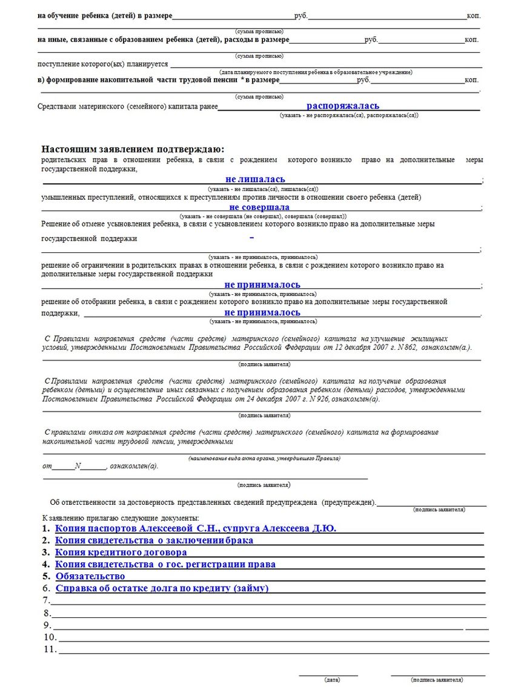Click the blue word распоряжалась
tap(342, 106)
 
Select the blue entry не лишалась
tap(255, 180)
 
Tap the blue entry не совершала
tap(259, 207)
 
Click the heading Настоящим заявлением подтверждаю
tap(133, 150)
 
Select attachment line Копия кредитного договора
tap(121, 552)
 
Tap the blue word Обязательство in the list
tap(90, 576)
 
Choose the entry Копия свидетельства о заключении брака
tap(154, 540)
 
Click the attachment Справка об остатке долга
tap(162, 588)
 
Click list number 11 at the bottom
tap(50, 649)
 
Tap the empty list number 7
tap(46, 600)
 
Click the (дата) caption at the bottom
tap(332, 680)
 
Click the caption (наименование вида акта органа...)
tap(264, 458)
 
